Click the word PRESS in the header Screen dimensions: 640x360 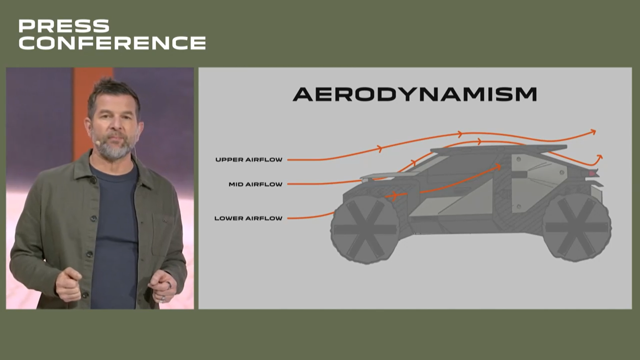pyautogui.click(x=64, y=26)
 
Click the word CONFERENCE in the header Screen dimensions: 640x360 pyautogui.click(x=112, y=43)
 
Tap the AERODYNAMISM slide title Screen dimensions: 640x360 pyautogui.click(x=415, y=94)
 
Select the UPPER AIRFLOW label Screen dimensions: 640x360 pyautogui.click(x=249, y=160)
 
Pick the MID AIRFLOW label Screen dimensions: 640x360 pyautogui.click(x=255, y=184)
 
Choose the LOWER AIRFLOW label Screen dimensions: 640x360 pyautogui.click(x=248, y=218)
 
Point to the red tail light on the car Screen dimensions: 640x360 pyautogui.click(x=592, y=173)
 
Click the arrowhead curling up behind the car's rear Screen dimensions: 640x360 pyautogui.click(x=599, y=157)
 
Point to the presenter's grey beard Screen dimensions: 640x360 pyautogui.click(x=113, y=146)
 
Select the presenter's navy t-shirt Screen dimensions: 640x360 pyautogui.click(x=115, y=233)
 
